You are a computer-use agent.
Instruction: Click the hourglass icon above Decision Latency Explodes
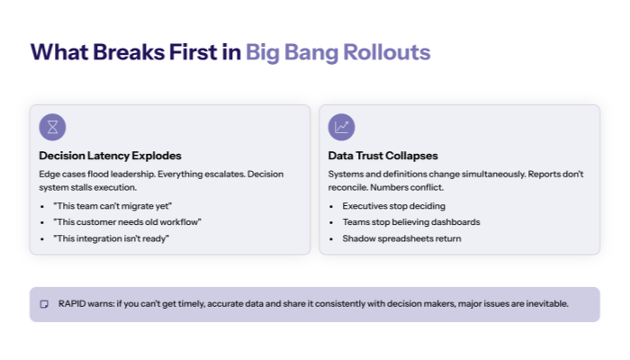[53, 127]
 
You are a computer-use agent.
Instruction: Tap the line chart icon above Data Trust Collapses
[342, 127]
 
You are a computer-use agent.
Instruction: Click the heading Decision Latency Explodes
[110, 156]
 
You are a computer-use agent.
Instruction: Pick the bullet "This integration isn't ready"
[111, 238]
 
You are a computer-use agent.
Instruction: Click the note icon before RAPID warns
[43, 304]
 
